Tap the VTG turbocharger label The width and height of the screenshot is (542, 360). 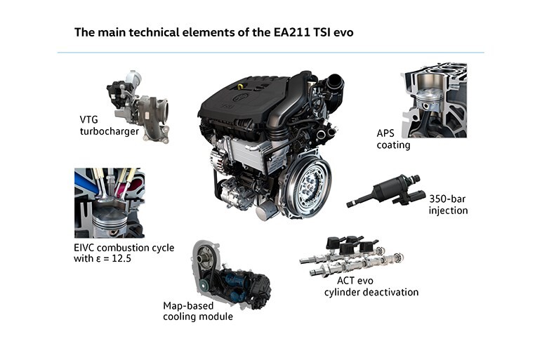[110, 126]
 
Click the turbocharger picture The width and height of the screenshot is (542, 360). [139, 106]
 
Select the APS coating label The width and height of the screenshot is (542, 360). [393, 139]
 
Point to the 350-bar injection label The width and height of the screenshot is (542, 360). [449, 204]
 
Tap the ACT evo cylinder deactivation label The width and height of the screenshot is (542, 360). [371, 286]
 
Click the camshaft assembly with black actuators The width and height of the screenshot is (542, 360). [352, 255]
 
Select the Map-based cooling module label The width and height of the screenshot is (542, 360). [198, 311]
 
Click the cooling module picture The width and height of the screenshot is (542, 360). [231, 274]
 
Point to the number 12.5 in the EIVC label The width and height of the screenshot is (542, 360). [121, 258]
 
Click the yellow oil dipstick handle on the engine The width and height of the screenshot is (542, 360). [241, 86]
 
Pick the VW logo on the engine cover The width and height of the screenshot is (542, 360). [239, 98]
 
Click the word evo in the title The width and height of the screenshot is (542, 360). [343, 33]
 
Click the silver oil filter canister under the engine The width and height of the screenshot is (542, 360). [267, 210]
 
